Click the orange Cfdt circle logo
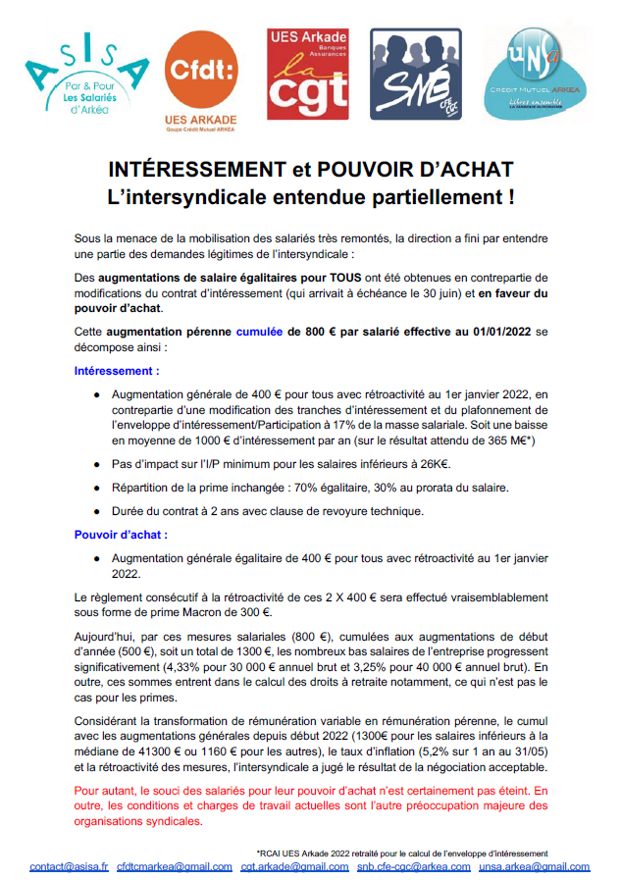click(202, 74)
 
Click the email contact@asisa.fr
click(69, 866)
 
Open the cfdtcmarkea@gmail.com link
click(175, 866)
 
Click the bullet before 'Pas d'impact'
click(98, 463)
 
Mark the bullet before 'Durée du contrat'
click(98, 510)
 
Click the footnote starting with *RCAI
click(401, 853)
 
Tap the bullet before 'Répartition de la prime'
click(98, 487)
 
